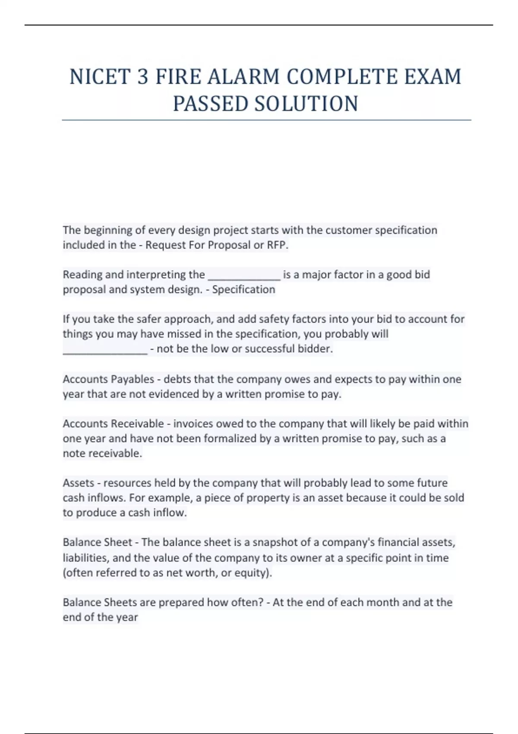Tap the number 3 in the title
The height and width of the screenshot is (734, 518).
(x=143, y=77)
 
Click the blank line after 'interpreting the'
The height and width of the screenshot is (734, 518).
(x=244, y=275)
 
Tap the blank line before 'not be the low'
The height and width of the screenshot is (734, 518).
(x=105, y=349)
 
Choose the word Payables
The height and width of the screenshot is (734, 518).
(x=133, y=379)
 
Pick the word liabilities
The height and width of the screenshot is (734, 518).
(x=85, y=557)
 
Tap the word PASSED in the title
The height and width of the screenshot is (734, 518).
(x=210, y=104)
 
